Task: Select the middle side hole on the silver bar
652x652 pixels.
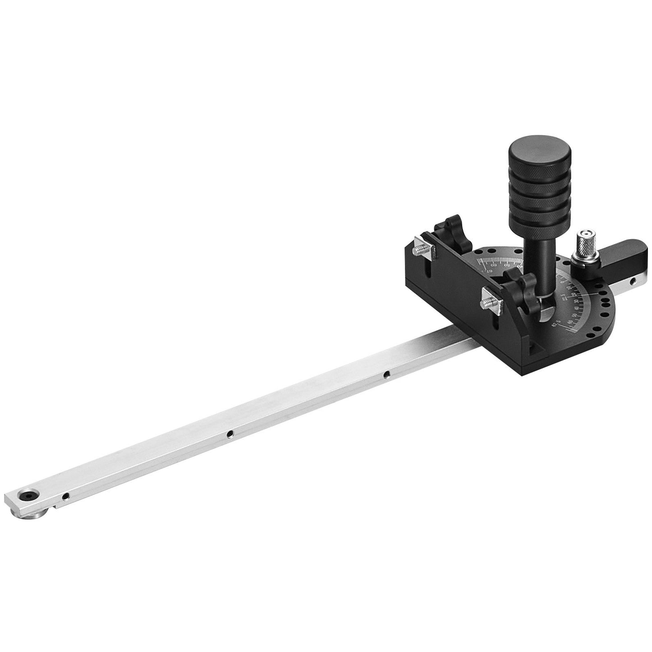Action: (230, 434)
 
